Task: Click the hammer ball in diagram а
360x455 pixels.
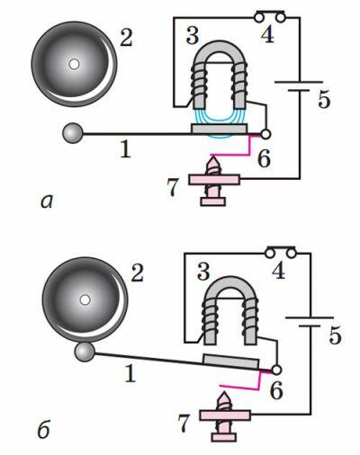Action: tap(73, 133)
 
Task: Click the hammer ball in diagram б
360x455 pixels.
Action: tap(85, 352)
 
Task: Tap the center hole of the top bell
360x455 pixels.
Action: tap(74, 64)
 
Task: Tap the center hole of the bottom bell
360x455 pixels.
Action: tap(85, 299)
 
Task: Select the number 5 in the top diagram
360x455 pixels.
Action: tap(324, 99)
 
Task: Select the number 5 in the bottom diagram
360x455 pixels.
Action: tap(335, 335)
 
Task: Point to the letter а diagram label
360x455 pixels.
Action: tap(47, 201)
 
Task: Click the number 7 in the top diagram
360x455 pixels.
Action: tap(173, 187)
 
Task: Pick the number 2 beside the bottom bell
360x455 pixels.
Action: tap(138, 273)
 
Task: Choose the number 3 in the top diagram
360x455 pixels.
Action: tap(193, 35)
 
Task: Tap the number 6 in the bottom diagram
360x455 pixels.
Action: tap(276, 390)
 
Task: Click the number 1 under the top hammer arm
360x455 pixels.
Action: tap(125, 149)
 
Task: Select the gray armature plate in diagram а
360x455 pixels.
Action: tap(220, 129)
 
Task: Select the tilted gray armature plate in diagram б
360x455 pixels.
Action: tap(231, 361)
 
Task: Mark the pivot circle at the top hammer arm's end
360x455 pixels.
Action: tap(265, 134)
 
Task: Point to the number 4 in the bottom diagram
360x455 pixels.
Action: tap(278, 271)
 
